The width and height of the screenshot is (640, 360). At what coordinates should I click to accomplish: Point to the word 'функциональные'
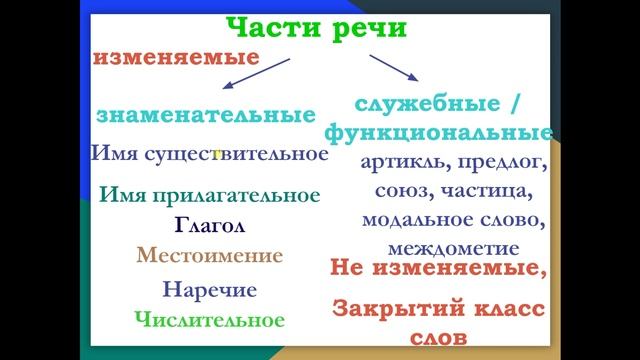click(x=437, y=132)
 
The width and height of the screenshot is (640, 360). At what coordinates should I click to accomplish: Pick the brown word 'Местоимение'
click(x=210, y=255)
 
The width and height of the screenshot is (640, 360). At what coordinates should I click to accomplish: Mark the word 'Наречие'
click(x=209, y=290)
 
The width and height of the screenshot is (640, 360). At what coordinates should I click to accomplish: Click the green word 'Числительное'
click(x=209, y=320)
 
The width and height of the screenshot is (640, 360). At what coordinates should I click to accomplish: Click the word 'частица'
click(x=485, y=189)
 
